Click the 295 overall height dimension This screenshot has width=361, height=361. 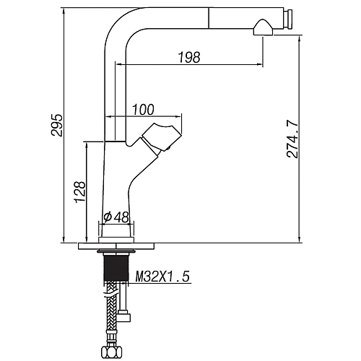pyautogui.click(x=58, y=126)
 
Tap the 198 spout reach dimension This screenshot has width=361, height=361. pyautogui.click(x=189, y=58)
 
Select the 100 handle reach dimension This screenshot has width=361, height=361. pyautogui.click(x=143, y=110)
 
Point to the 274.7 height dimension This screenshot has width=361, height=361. pyautogui.click(x=292, y=139)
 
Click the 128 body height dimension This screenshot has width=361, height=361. pyautogui.click(x=80, y=192)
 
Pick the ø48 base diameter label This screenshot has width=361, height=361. pyautogui.click(x=116, y=217)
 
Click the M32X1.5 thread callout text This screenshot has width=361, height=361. pyautogui.click(x=162, y=277)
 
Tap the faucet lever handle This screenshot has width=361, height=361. pyautogui.click(x=161, y=136)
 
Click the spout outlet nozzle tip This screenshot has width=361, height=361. pyautogui.click(x=263, y=28)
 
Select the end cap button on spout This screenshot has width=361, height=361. pyautogui.click(x=288, y=19)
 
